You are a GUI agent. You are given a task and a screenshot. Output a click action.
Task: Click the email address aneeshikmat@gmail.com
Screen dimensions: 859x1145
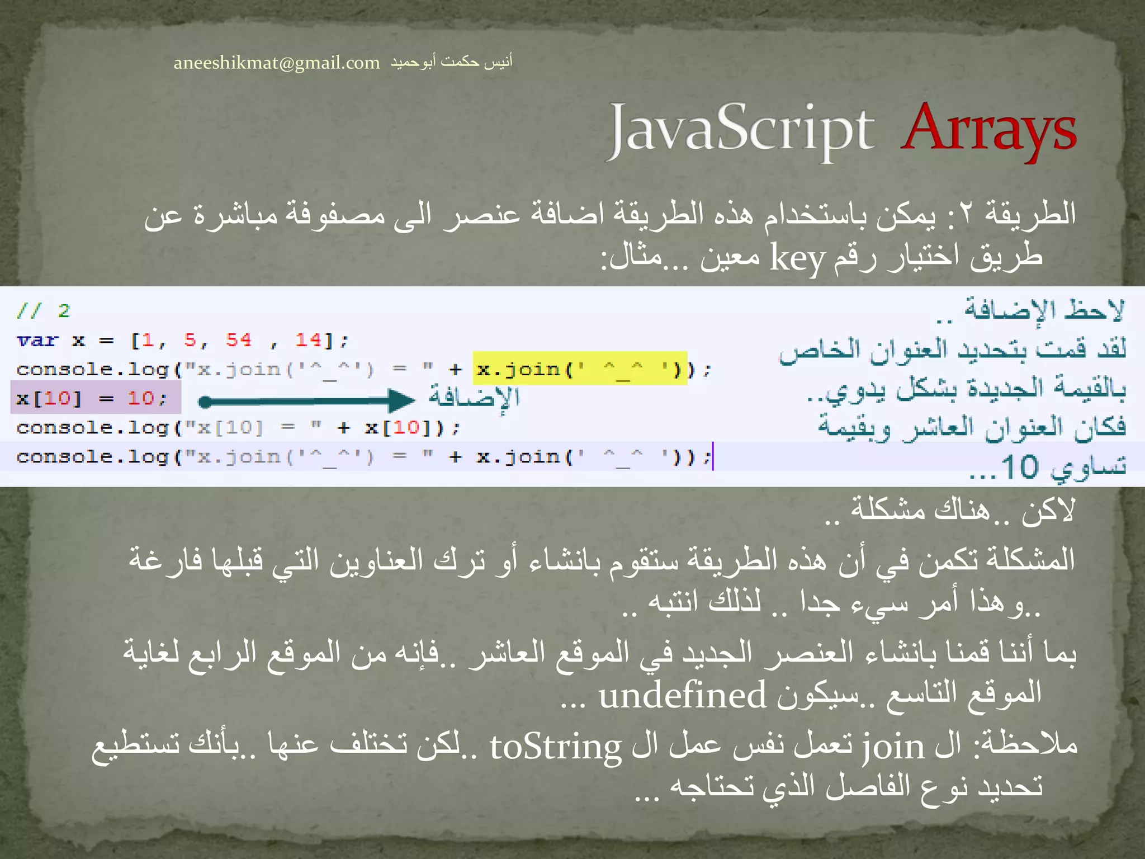[x=276, y=63]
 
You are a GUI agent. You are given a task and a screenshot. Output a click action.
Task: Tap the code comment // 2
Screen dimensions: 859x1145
[x=43, y=310]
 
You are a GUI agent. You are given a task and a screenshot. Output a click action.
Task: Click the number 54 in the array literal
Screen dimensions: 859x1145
[x=239, y=339]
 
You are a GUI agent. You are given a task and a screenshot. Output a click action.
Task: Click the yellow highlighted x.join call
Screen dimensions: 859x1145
[x=580, y=369]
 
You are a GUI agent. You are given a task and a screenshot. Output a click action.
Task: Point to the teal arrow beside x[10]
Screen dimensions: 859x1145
[x=307, y=400]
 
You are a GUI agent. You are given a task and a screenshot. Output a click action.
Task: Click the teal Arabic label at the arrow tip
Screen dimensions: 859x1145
[x=474, y=397]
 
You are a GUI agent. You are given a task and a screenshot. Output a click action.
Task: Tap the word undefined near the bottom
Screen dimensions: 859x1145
[x=682, y=696]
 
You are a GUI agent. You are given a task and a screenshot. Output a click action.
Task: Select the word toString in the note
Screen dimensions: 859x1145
[x=555, y=747]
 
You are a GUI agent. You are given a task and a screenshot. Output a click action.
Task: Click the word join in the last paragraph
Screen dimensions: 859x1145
[x=893, y=747]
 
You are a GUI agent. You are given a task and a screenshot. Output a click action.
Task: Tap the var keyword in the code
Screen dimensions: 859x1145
[x=37, y=340]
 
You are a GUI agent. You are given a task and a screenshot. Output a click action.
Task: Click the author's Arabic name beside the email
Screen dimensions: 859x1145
[x=451, y=62]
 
